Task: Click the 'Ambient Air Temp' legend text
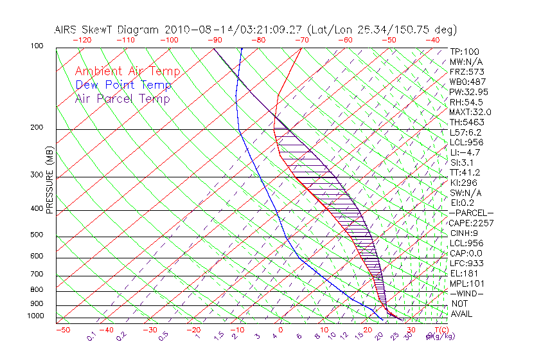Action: pyautogui.click(x=127, y=71)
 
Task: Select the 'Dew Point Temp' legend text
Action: pyautogui.click(x=123, y=85)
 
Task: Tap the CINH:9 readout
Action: pyautogui.click(x=465, y=233)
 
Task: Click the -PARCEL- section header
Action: pyautogui.click(x=471, y=213)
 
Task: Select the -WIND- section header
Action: pyautogui.click(x=467, y=293)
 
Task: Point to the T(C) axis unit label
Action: pyautogui.click(x=439, y=330)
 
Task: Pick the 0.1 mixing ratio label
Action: pyautogui.click(x=91, y=336)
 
